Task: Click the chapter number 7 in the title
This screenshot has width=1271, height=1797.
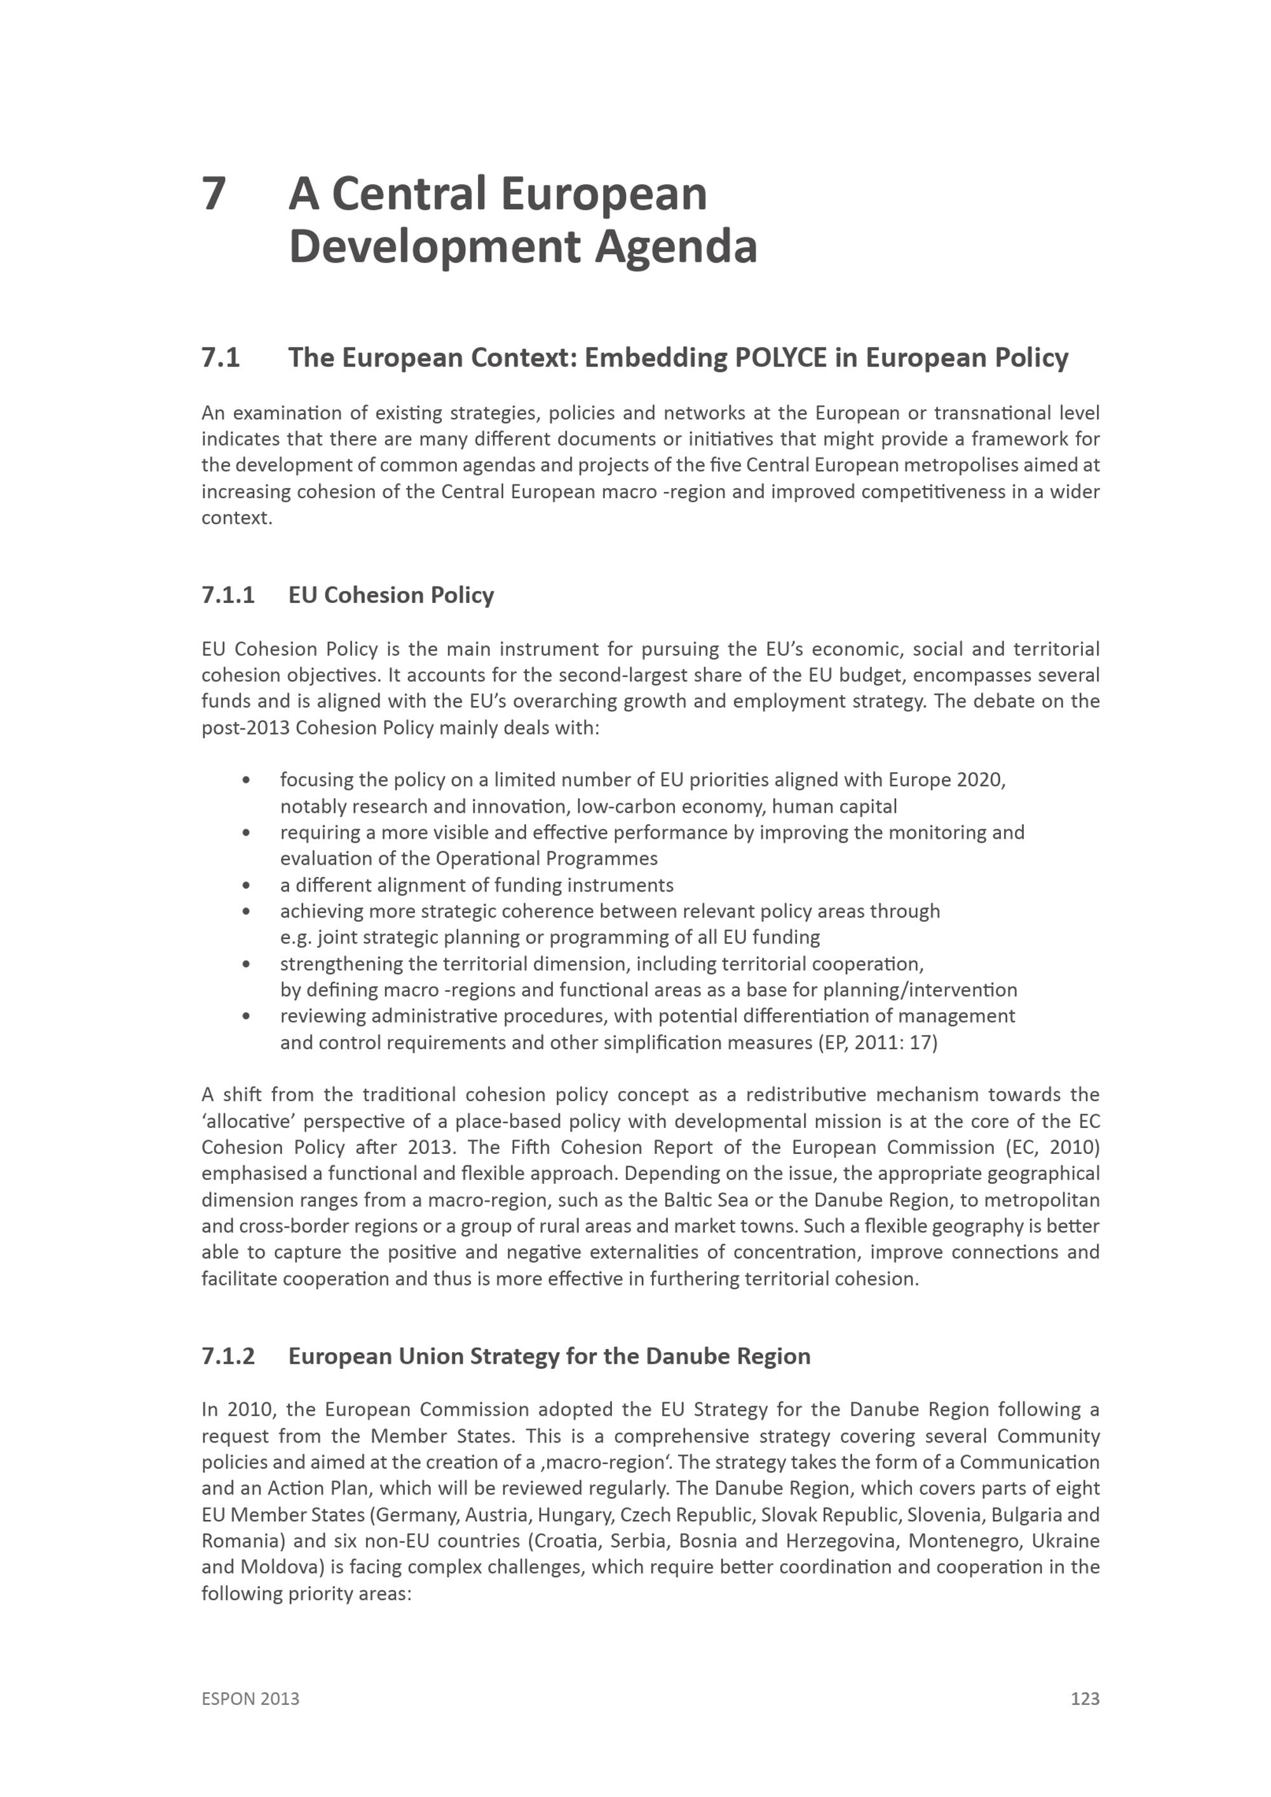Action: coord(214,193)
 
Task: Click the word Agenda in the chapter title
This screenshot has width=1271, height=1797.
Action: coord(676,247)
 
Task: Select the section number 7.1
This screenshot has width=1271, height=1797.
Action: coord(221,358)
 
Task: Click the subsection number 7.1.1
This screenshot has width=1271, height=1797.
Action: coord(228,595)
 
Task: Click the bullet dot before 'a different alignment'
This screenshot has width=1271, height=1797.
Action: coord(247,885)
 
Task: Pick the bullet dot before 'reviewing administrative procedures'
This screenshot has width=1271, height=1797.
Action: coord(247,1016)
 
